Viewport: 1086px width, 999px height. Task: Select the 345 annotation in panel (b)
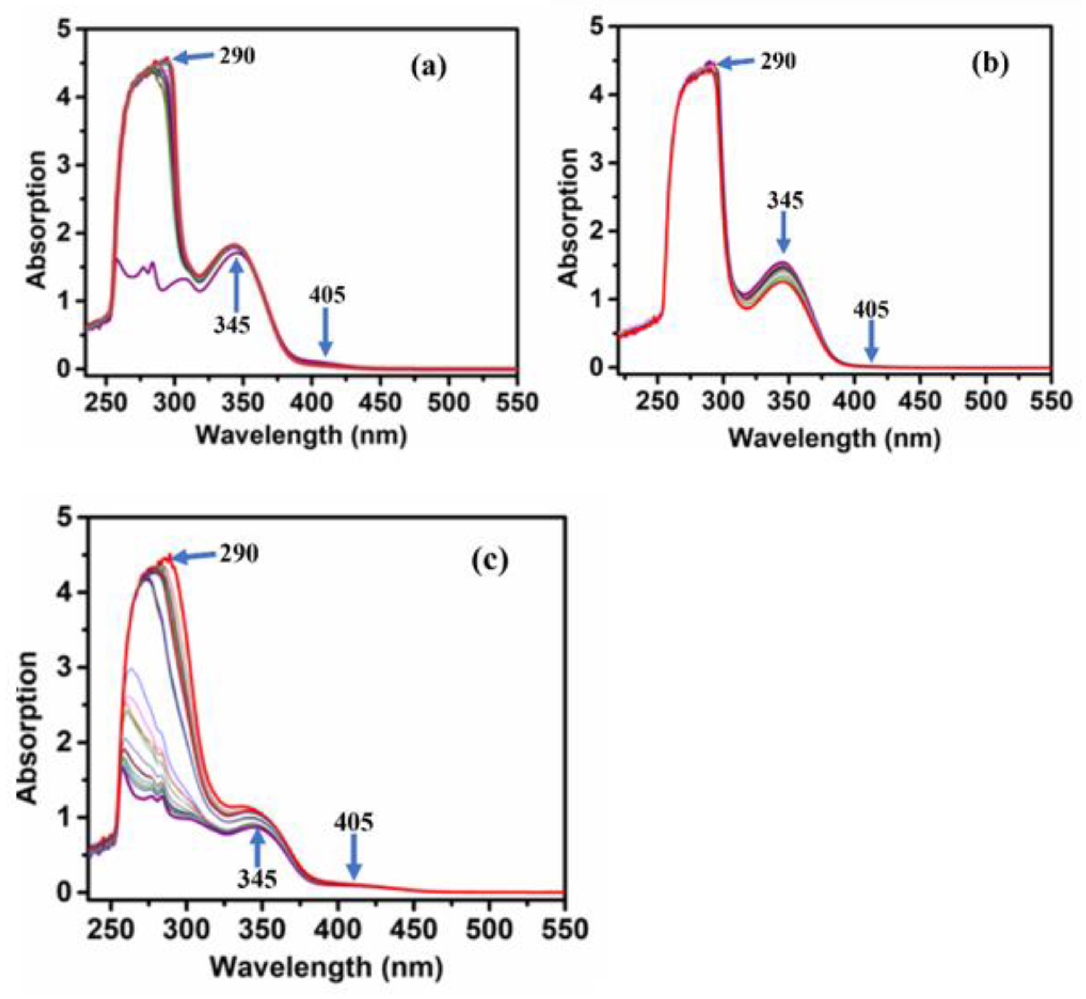pos(785,201)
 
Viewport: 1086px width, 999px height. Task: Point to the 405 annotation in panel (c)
pos(353,822)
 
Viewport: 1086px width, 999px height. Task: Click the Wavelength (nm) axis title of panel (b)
pos(835,438)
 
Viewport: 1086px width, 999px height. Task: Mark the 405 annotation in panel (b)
pos(871,310)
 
